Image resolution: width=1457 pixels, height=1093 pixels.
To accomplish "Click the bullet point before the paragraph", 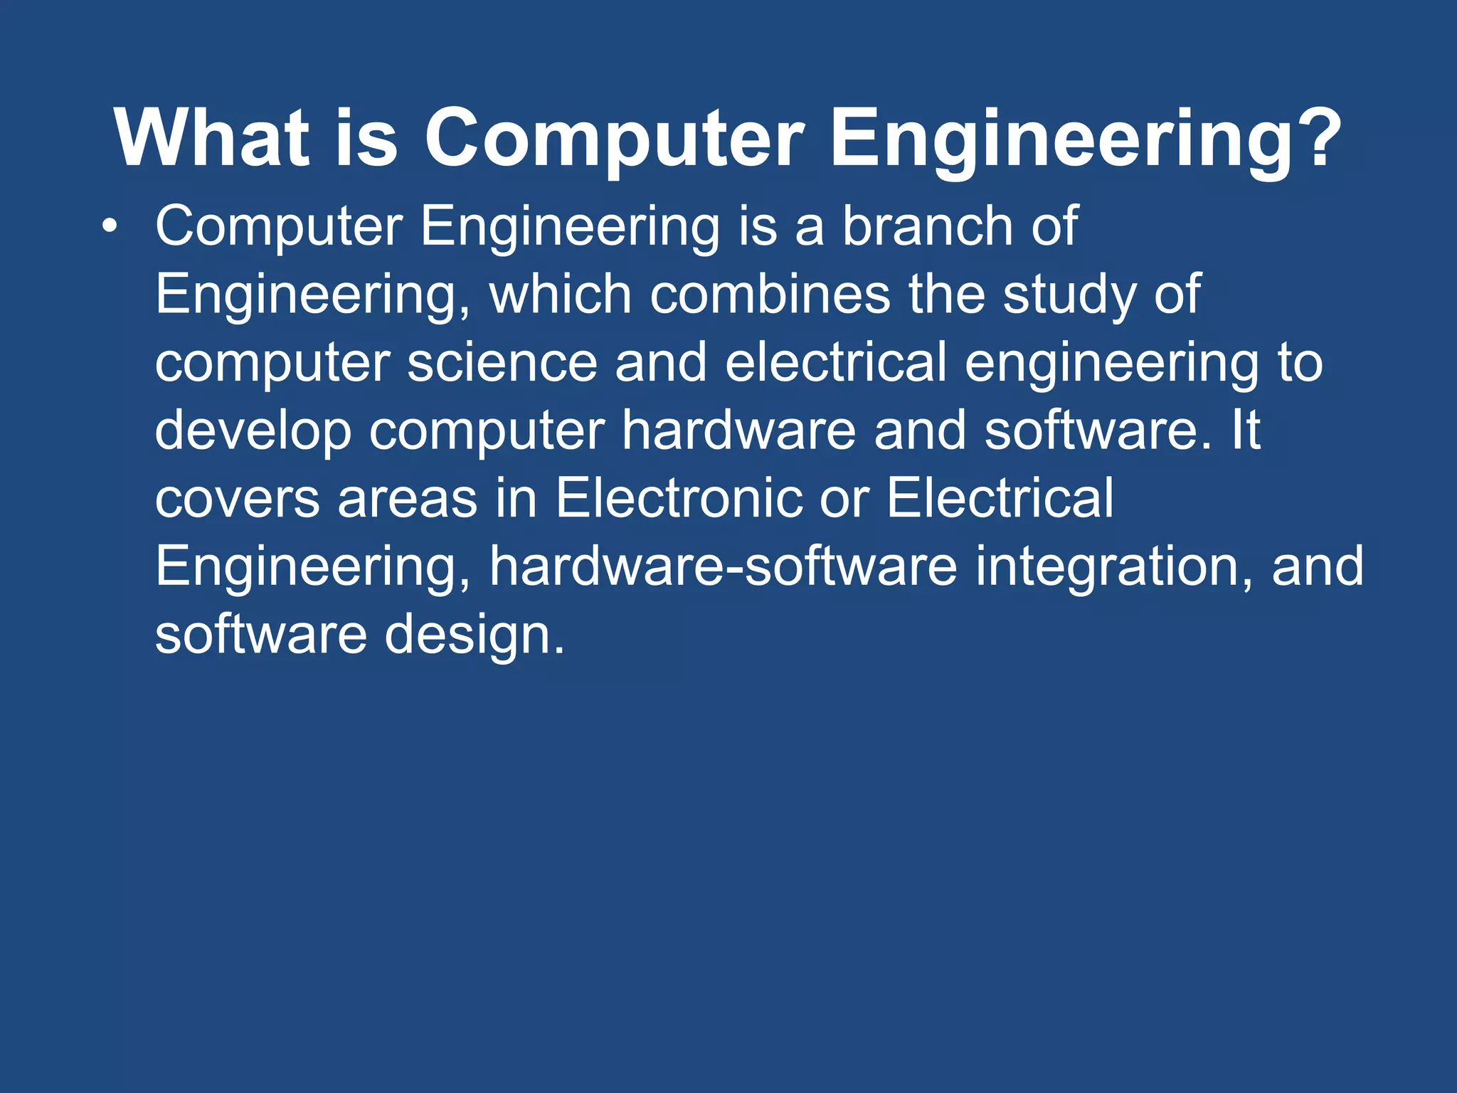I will click(108, 227).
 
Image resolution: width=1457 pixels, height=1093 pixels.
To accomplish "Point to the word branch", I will click(926, 226).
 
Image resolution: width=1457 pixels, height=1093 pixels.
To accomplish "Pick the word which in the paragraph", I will click(560, 294).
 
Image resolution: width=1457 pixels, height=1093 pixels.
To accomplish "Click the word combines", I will click(769, 294).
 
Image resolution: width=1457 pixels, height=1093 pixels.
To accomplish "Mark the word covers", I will click(237, 499).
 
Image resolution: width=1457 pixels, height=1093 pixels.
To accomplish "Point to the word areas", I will click(407, 499).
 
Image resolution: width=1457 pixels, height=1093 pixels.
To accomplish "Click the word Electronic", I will click(679, 497).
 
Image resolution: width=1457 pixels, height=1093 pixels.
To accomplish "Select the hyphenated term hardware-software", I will click(723, 566).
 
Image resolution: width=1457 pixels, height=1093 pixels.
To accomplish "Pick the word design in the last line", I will click(474, 635).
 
